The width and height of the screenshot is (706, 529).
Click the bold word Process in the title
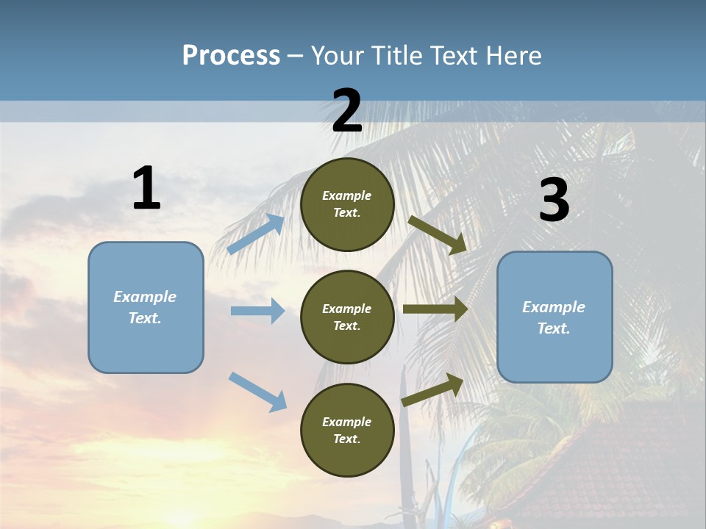click(x=231, y=55)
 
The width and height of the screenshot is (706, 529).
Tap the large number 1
click(x=146, y=188)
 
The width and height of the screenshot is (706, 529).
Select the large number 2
click(x=347, y=111)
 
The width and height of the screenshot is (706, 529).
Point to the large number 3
click(x=554, y=201)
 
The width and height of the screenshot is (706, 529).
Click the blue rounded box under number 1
click(x=146, y=307)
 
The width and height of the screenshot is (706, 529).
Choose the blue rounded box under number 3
click(x=555, y=317)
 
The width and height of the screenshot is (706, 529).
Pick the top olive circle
click(x=347, y=204)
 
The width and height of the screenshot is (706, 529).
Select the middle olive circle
click(x=347, y=317)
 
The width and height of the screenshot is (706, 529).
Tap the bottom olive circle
click(x=347, y=430)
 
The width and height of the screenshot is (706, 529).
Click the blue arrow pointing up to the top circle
click(x=257, y=234)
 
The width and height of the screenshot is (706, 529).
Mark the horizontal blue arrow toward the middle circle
click(x=257, y=311)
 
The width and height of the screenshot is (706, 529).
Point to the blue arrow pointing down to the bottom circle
click(x=258, y=392)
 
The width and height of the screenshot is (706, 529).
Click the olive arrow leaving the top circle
click(x=438, y=234)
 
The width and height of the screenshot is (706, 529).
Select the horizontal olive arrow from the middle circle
click(x=435, y=309)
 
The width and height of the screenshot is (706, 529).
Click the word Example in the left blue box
click(x=145, y=297)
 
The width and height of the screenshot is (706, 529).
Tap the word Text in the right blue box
click(x=553, y=328)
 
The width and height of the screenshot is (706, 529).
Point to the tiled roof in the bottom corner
click(x=625, y=470)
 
